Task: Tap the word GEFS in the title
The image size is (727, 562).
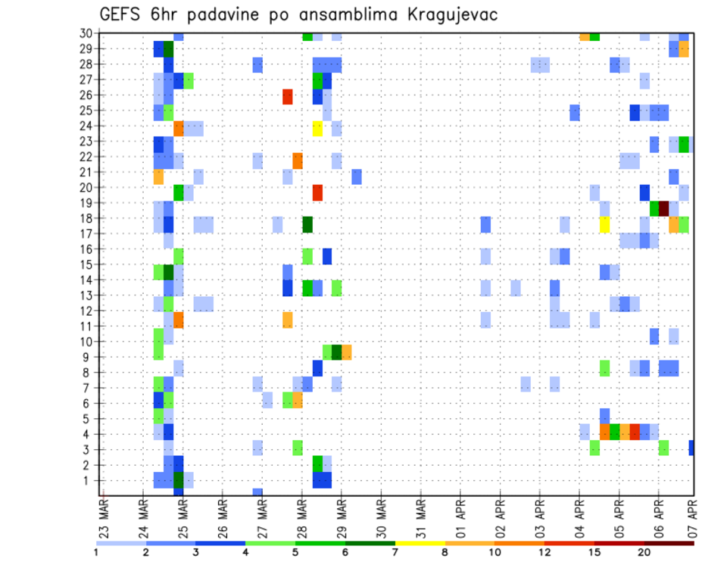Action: (123, 14)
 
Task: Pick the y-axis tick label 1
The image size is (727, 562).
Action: (88, 480)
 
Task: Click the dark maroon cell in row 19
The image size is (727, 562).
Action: (664, 208)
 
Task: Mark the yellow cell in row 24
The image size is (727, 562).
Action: (317, 128)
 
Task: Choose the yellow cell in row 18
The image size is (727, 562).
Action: (604, 224)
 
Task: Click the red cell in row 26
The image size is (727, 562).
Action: (288, 96)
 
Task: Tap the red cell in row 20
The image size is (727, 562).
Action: (317, 192)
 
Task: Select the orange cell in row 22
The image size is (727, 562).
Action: (298, 161)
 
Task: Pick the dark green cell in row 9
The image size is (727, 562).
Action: (337, 352)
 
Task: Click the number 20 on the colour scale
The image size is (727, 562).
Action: (644, 551)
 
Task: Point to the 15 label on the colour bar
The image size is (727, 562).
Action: (594, 551)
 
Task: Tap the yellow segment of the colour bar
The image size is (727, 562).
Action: (420, 543)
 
